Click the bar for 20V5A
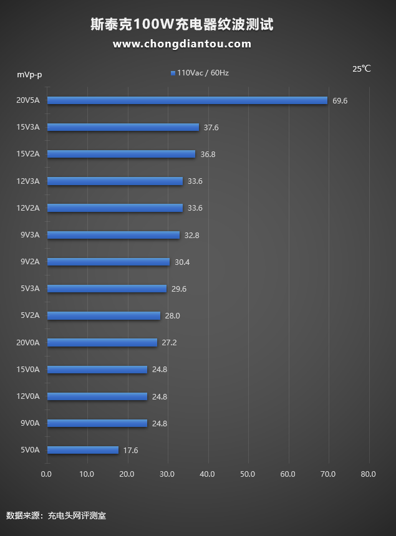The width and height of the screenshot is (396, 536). (x=187, y=100)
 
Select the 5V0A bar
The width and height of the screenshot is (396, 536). (x=82, y=450)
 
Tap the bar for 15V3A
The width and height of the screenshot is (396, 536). (x=123, y=127)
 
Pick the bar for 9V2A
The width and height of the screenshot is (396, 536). (x=109, y=262)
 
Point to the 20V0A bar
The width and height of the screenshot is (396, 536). (x=102, y=342)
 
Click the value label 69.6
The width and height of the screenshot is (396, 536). (x=340, y=100)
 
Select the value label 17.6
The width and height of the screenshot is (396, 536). (x=130, y=450)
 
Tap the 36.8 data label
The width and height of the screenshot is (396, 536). (x=208, y=154)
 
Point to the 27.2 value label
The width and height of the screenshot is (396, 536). (x=169, y=342)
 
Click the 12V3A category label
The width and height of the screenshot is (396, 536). (x=28, y=181)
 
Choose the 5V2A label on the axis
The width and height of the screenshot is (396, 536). (x=30, y=315)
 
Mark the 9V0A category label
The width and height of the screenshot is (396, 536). (x=30, y=423)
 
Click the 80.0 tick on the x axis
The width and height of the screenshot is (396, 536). (x=368, y=474)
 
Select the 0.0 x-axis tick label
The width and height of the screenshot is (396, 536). (x=47, y=474)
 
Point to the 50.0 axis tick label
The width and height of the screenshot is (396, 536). (x=248, y=474)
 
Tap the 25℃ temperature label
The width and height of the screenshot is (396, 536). (x=361, y=69)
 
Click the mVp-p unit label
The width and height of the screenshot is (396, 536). (x=29, y=75)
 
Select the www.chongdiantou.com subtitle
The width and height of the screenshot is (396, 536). (x=182, y=44)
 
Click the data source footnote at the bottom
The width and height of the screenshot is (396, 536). (x=56, y=515)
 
